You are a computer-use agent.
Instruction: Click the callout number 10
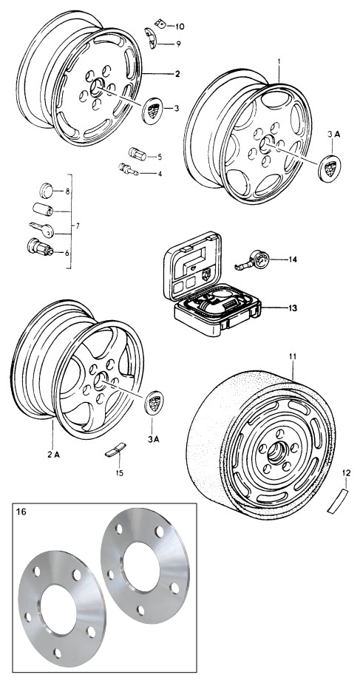click(x=180, y=27)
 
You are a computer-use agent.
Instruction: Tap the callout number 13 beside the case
click(x=293, y=308)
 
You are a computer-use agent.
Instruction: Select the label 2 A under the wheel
click(x=54, y=455)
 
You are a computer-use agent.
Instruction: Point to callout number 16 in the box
click(x=21, y=512)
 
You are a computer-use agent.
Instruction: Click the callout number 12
click(x=347, y=472)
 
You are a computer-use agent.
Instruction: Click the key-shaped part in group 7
click(x=41, y=229)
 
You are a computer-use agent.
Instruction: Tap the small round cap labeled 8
click(x=46, y=191)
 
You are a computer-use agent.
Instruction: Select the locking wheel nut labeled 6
click(x=40, y=247)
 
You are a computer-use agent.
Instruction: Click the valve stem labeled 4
click(x=128, y=169)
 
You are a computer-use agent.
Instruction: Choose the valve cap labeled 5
click(x=137, y=154)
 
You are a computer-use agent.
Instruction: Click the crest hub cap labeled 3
click(x=153, y=111)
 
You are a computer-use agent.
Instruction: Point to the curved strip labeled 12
click(x=337, y=501)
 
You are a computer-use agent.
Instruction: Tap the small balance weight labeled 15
click(x=115, y=449)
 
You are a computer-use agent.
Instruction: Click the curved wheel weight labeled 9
click(x=150, y=38)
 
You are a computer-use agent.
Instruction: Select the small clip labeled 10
click(x=160, y=24)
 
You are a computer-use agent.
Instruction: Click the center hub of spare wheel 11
click(x=276, y=453)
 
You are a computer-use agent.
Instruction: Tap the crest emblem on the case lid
click(x=206, y=274)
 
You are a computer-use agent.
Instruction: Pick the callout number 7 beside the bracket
click(x=78, y=226)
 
